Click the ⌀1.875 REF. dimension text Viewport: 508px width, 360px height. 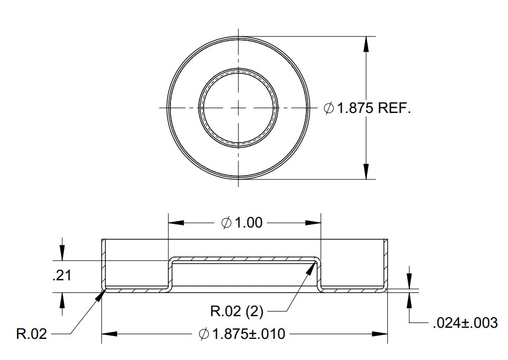click(367, 108)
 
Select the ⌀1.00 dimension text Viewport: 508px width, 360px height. click(242, 223)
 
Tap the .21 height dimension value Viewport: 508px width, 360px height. click(62, 276)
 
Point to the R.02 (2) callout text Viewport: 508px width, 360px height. click(236, 311)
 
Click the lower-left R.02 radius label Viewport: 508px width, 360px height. click(32, 334)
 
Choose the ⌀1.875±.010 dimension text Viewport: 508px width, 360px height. click(242, 334)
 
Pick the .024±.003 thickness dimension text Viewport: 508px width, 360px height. click(465, 323)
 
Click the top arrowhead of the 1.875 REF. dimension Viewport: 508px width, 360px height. click(366, 44)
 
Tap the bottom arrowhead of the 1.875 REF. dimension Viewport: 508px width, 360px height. click(366, 172)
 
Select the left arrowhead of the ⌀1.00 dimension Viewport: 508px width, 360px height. click(176, 223)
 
